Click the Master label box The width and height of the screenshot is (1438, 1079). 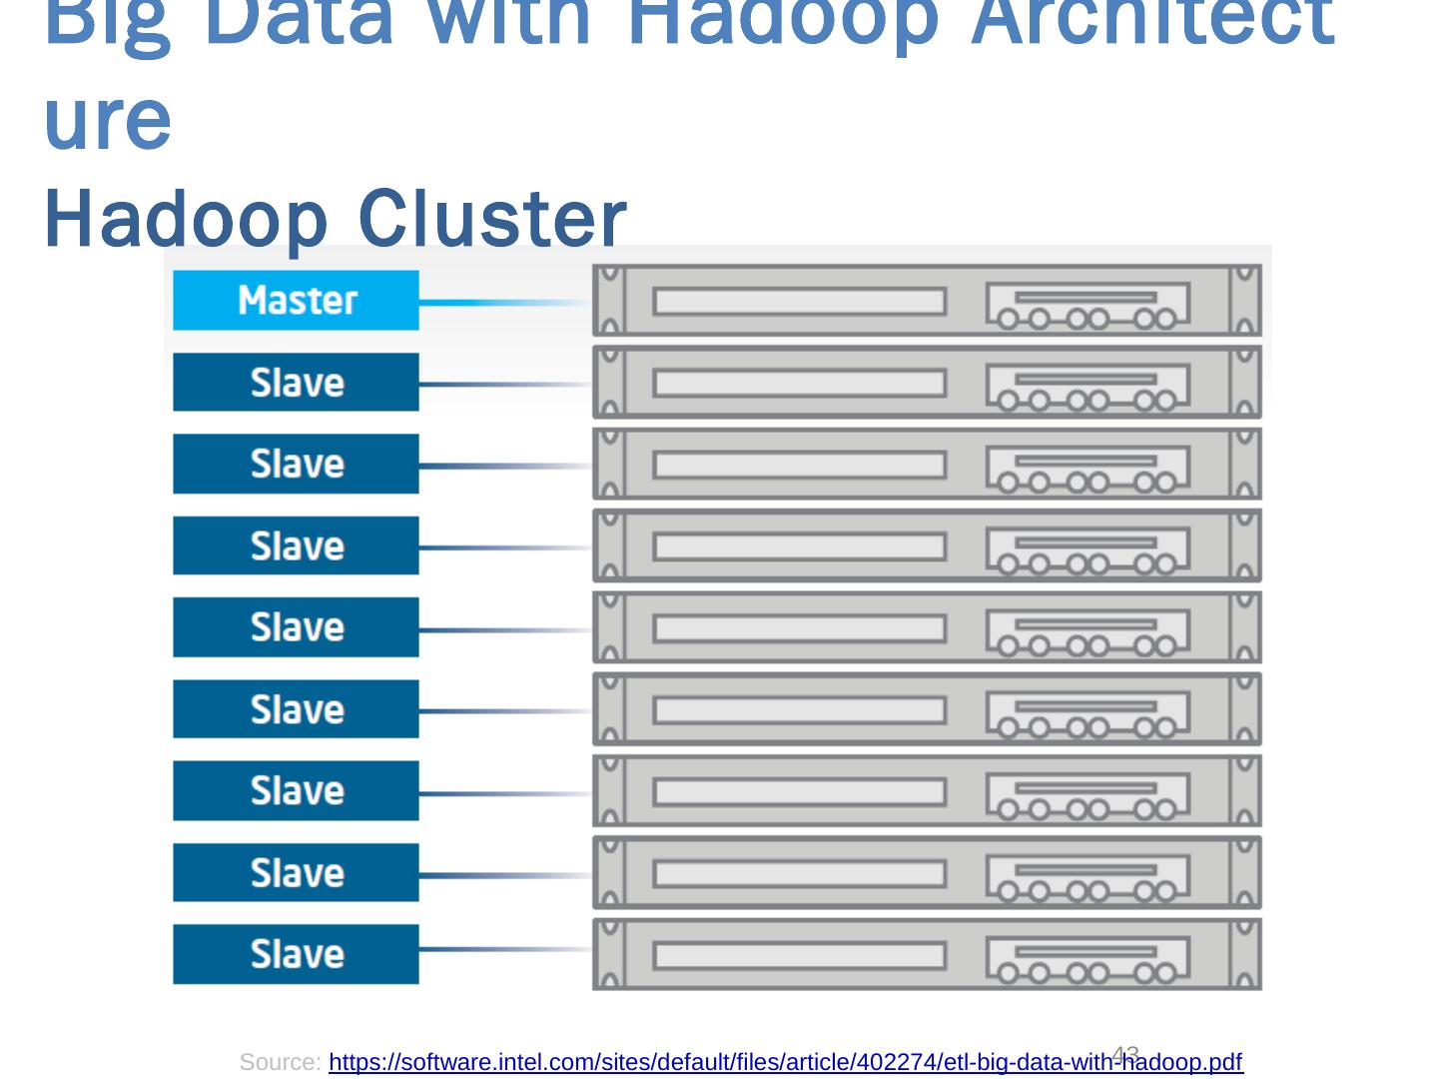tap(296, 300)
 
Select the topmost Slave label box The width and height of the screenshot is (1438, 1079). tap(296, 382)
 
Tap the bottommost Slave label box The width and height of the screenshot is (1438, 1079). tap(296, 954)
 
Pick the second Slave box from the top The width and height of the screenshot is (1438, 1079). tap(296, 464)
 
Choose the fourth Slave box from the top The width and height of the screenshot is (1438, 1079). tap(296, 627)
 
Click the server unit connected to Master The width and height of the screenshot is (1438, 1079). tap(927, 300)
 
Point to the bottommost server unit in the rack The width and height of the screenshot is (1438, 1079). tap(927, 954)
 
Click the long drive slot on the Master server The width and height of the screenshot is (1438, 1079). tap(799, 301)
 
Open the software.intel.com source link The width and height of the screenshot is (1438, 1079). tap(785, 1062)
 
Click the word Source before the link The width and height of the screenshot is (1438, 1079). tap(280, 1062)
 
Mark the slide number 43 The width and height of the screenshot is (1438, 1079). tap(1125, 1053)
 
